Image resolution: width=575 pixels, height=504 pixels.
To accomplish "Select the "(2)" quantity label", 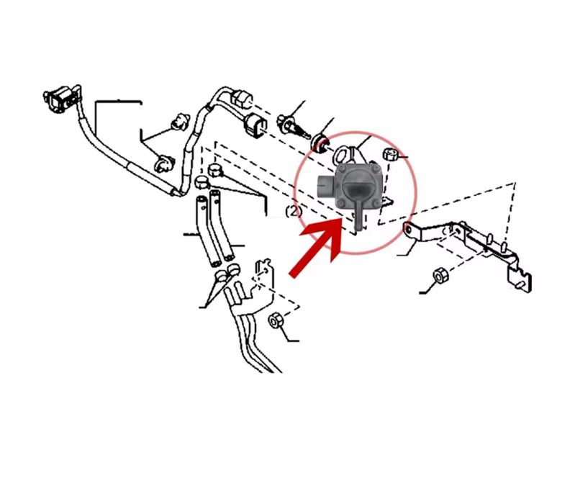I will pyautogui.click(x=293, y=211).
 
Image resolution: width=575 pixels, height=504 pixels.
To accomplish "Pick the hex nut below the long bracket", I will pyautogui.click(x=439, y=276).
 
